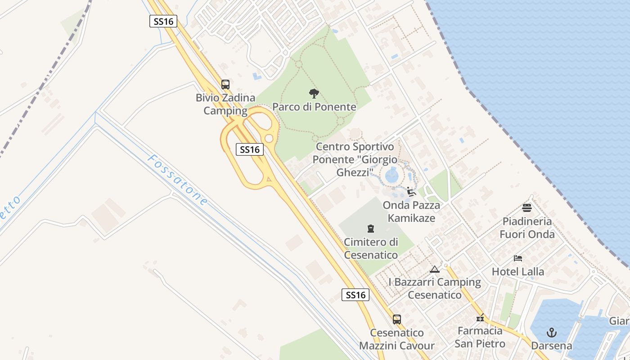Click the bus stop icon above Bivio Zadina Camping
point(225,84)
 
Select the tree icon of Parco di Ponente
point(314,94)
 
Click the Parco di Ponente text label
point(314,107)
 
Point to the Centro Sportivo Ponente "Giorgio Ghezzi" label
point(355,159)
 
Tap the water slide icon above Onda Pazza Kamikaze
point(411,192)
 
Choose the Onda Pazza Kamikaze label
point(411,211)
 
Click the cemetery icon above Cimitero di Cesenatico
point(371,229)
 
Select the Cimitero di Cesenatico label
point(371,248)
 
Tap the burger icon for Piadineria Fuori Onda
point(526,207)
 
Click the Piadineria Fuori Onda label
point(527,228)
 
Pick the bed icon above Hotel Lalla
point(518,258)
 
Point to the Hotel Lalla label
point(518,272)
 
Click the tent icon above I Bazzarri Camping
point(434,269)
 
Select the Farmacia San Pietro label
point(480,337)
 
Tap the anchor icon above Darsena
point(552,333)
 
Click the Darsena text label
point(552,346)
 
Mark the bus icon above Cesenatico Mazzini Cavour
point(396,319)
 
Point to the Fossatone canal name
point(178,180)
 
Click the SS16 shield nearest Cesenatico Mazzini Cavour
point(355,295)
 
